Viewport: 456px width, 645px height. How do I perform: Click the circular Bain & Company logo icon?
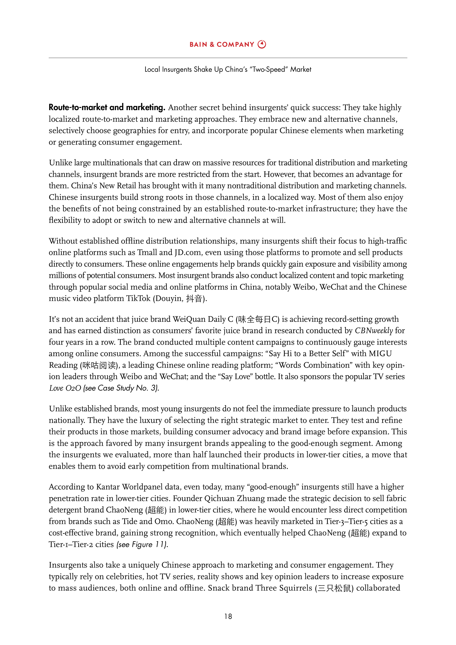262,44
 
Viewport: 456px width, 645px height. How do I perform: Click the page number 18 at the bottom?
228,616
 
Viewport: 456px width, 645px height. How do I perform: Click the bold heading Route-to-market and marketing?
107,107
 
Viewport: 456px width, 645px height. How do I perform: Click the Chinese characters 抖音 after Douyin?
194,299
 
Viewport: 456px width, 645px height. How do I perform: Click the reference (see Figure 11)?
142,544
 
